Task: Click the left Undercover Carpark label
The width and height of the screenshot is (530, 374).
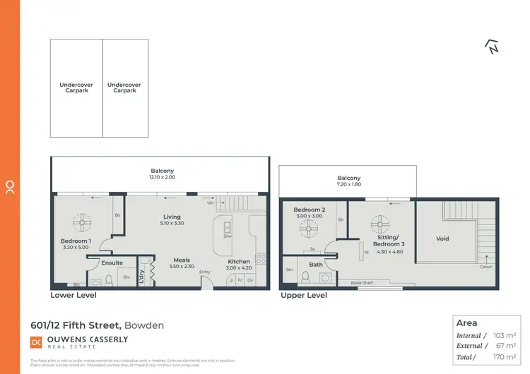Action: [76, 88]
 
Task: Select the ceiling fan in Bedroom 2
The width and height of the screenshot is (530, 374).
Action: [308, 228]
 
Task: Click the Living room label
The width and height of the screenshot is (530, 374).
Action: [172, 217]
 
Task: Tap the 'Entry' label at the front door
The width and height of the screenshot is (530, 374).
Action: [205, 272]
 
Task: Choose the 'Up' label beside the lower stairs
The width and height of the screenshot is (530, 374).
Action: [210, 203]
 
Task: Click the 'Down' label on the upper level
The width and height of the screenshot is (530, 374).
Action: [485, 267]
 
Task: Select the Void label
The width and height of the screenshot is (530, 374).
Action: [442, 239]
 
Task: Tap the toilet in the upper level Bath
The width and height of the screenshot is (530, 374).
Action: [305, 277]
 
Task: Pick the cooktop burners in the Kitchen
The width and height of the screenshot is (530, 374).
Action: [260, 259]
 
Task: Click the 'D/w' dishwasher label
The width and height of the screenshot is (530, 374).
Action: [228, 236]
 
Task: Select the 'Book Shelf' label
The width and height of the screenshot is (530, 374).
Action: [363, 282]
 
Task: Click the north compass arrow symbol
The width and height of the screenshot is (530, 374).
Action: [492, 47]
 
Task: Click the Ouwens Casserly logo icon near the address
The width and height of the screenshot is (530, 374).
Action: [36, 342]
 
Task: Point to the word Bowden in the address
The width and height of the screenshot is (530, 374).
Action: [145, 325]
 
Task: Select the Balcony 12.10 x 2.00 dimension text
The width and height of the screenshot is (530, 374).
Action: [162, 177]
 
